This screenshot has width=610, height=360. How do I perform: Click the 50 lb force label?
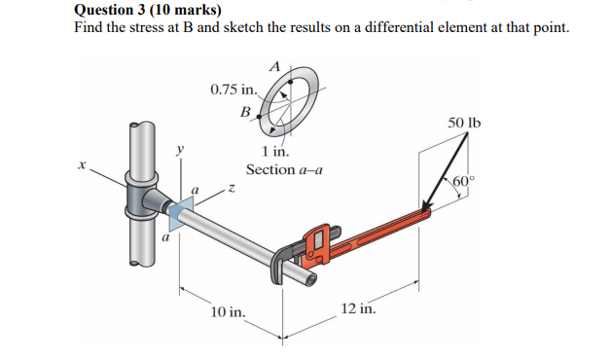click(464, 123)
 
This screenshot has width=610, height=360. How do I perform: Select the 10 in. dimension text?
click(228, 311)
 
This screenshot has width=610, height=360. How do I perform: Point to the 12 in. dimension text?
click(359, 308)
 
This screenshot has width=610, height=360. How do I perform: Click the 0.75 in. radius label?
click(233, 90)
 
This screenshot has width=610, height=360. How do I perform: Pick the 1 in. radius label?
click(275, 151)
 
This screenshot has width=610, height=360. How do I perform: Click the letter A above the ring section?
click(274, 67)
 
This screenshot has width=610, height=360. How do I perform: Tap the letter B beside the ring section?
click(245, 112)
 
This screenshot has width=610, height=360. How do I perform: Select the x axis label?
click(82, 165)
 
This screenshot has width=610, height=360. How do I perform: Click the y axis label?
click(180, 149)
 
